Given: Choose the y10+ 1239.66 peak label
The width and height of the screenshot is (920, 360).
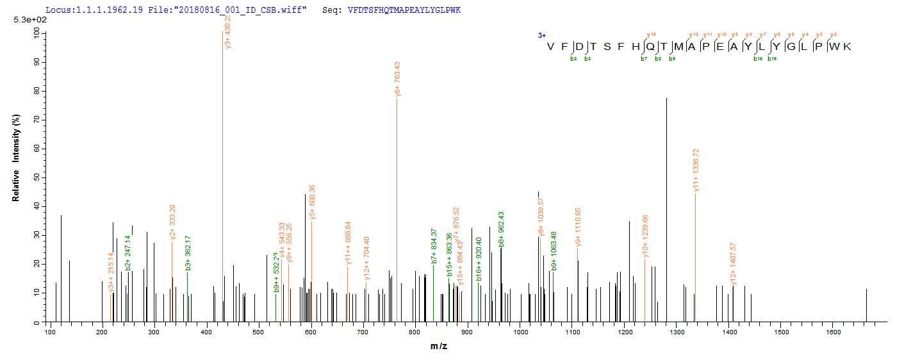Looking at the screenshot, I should pos(646,238).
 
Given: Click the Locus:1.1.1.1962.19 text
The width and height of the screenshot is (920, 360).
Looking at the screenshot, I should pos(86,11).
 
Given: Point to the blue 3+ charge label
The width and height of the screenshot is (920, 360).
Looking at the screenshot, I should pos(541,36).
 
